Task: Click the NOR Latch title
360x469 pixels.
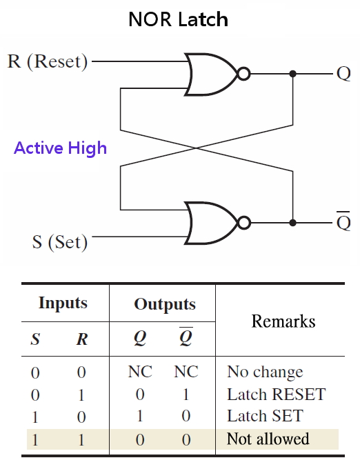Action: (178, 19)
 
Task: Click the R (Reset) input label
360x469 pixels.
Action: (48, 61)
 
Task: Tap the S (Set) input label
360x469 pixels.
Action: (60, 242)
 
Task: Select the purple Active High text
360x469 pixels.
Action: (61, 148)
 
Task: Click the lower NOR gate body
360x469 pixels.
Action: (209, 223)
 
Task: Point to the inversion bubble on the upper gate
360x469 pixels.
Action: (242, 73)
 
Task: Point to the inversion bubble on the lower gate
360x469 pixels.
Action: (242, 223)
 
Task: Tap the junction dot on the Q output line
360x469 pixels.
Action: (293, 73)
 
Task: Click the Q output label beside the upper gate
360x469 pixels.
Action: (343, 73)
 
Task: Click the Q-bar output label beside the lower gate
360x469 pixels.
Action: (343, 222)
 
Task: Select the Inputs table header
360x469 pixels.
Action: (63, 303)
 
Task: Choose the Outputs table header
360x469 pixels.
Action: (164, 304)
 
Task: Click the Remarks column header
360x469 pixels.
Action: (283, 321)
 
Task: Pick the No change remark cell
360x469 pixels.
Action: (265, 372)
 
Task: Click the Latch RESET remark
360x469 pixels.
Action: (276, 395)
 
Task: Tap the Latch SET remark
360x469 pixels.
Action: (265, 417)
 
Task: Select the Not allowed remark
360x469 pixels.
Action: (268, 439)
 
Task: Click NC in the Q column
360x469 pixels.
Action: (140, 372)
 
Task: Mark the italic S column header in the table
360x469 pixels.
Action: (35, 339)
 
